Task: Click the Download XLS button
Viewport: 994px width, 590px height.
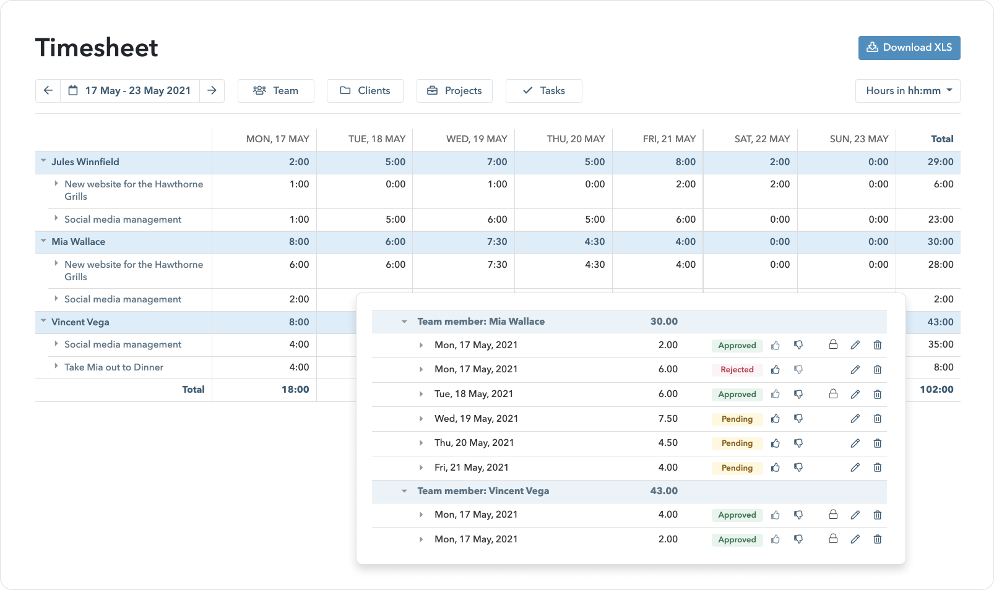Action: tap(909, 48)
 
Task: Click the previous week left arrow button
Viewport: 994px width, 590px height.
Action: tap(48, 90)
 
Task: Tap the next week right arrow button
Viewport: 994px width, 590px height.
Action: tap(212, 90)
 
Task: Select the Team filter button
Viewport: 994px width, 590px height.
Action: tap(275, 90)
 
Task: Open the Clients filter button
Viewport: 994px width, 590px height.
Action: tap(365, 90)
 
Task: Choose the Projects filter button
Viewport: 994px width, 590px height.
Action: tap(454, 90)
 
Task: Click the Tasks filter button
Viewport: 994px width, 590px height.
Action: tap(543, 90)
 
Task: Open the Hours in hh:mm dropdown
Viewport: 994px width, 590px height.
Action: tap(907, 90)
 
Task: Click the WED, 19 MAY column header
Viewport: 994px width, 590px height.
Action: tap(477, 139)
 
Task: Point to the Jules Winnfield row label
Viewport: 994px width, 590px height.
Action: tap(85, 162)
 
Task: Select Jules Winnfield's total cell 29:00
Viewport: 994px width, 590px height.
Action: tap(940, 162)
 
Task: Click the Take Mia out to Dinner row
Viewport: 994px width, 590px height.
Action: tap(114, 367)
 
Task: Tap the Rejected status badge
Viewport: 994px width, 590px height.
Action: tap(737, 370)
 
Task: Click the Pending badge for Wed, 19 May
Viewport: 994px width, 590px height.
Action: tap(737, 419)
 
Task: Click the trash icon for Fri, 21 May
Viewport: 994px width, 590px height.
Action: tap(877, 468)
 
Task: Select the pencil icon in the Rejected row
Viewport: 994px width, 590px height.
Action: tap(855, 370)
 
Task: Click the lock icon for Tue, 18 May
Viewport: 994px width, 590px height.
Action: tap(833, 394)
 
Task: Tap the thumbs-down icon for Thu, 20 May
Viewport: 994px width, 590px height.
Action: tap(798, 443)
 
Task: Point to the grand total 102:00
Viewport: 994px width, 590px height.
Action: tap(936, 390)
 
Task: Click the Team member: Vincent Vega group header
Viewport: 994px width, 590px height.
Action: tap(483, 491)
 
